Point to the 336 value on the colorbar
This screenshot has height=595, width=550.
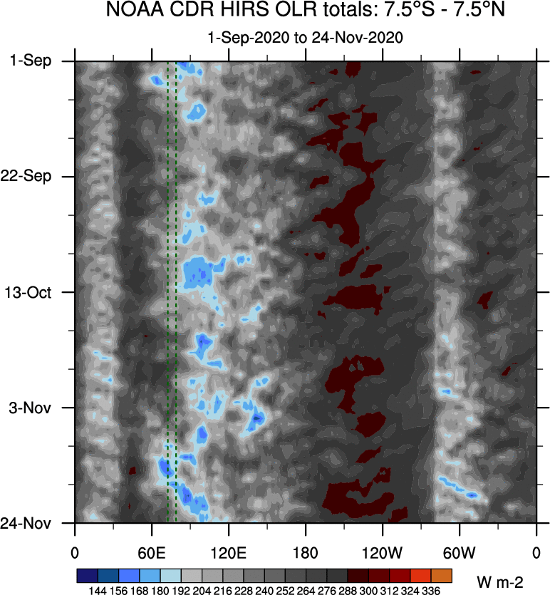(x=442, y=590)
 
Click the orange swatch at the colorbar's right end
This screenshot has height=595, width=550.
(x=442, y=574)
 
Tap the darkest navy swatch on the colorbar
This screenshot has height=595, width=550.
(x=85, y=574)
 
